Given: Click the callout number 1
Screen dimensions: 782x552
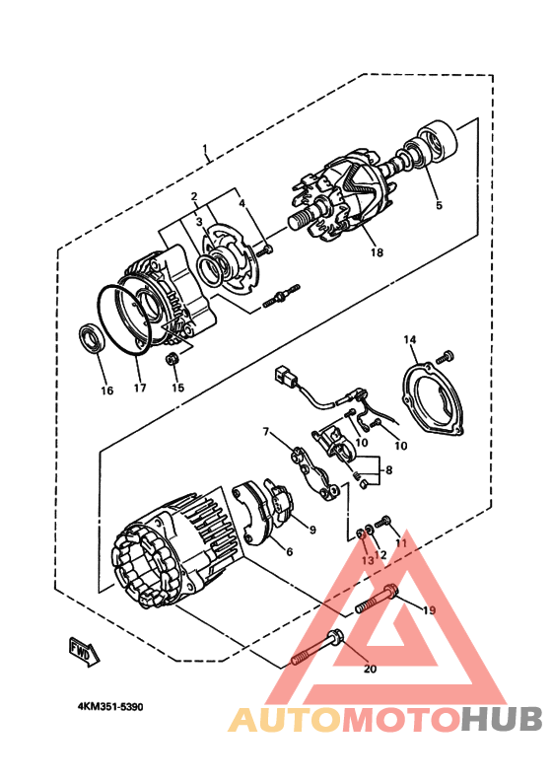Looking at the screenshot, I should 206,151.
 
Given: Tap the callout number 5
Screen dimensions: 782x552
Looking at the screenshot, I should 439,205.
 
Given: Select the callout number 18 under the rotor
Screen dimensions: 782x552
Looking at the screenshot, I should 376,252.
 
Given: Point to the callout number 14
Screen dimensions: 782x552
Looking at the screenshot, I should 410,339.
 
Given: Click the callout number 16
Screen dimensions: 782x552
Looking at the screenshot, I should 106,390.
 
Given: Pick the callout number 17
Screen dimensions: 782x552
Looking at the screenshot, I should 140,388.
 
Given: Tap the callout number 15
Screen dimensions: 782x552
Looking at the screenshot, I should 178,387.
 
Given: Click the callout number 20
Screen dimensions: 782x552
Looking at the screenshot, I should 371,670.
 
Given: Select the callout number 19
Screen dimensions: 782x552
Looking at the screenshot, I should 429,610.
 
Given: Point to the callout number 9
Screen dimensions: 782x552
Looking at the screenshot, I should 311,530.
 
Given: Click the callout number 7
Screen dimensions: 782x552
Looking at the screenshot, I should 266,431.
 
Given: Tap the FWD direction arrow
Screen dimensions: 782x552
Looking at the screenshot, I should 83,650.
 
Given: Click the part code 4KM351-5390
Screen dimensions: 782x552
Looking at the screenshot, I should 116,707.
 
